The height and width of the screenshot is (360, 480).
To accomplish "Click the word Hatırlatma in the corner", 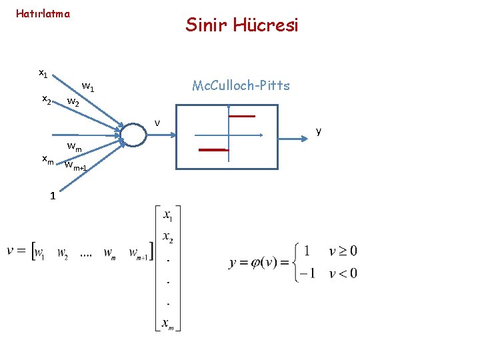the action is (x=43, y=13).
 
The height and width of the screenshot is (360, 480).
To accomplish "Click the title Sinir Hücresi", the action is (x=242, y=25).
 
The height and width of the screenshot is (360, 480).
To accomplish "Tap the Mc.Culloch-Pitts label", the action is (x=241, y=85).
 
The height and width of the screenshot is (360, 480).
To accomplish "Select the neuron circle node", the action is (x=133, y=134).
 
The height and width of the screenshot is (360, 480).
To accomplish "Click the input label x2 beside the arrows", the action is (x=47, y=99).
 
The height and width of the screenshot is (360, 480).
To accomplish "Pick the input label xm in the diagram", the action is (x=47, y=159).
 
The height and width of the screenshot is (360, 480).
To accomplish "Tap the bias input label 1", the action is (x=51, y=195).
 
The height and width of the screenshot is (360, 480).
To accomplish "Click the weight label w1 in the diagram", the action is (x=87, y=86).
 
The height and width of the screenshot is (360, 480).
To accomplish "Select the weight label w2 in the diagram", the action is (x=73, y=103).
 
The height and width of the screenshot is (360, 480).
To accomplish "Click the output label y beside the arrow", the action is (x=319, y=131).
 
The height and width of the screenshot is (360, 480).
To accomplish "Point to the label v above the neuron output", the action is (x=157, y=122).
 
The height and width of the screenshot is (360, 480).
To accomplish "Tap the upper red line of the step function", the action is (x=242, y=116).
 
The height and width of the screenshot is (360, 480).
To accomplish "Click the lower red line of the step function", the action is (x=214, y=150).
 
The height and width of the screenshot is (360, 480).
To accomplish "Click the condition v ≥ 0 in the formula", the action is (x=343, y=251).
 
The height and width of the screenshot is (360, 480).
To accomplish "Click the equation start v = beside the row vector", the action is (x=17, y=251).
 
